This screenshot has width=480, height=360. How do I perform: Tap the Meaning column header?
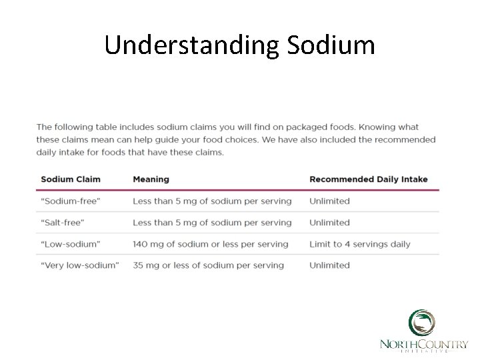[151, 179]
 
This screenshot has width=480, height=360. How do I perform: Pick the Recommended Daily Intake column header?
[368, 179]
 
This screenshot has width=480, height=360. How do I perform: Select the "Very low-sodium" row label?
[80, 265]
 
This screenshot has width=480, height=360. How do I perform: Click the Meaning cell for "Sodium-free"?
[212, 201]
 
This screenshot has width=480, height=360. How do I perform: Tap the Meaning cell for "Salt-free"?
[212, 223]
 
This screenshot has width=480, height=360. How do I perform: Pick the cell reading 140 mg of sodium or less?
[210, 244]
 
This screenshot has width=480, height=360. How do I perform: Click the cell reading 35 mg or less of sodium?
[208, 265]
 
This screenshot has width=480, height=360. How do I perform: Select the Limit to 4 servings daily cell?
[359, 244]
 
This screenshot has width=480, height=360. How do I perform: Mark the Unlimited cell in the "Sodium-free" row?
[329, 201]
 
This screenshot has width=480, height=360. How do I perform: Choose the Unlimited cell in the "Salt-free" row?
[329, 223]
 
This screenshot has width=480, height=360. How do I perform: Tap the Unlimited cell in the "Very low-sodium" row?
[329, 265]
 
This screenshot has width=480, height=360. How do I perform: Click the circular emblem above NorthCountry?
[423, 323]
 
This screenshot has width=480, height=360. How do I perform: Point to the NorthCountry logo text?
[423, 344]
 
